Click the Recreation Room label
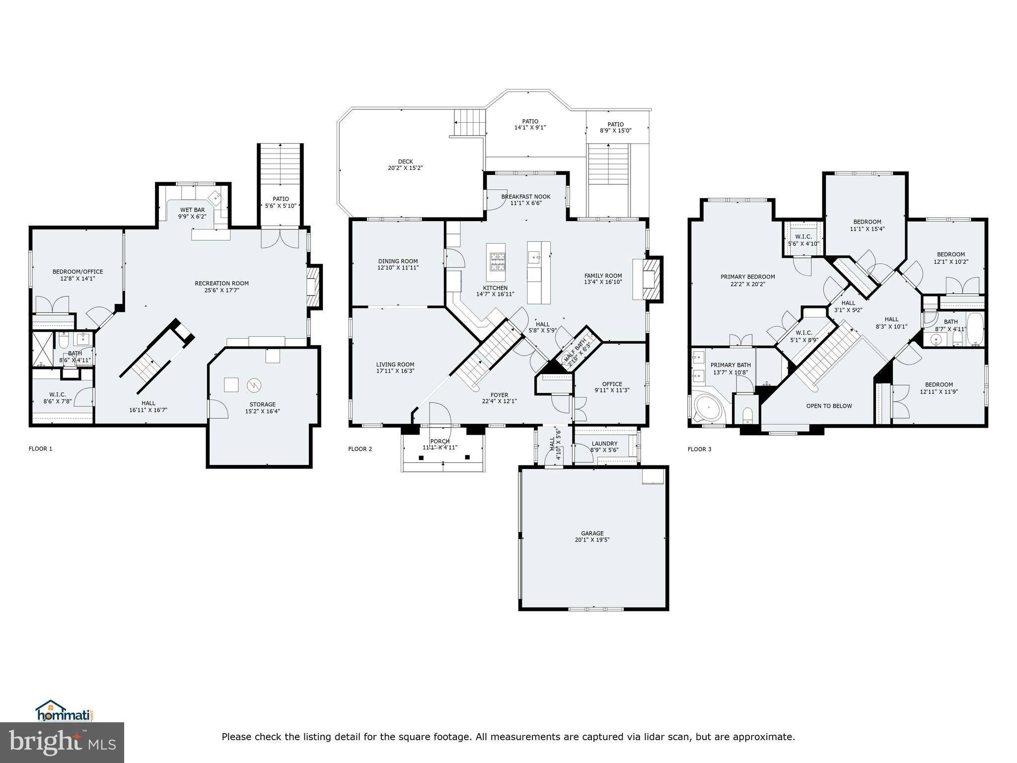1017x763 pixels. pyautogui.click(x=221, y=283)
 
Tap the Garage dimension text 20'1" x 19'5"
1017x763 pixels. pyautogui.click(x=592, y=539)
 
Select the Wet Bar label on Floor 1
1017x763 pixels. pyautogui.click(x=192, y=210)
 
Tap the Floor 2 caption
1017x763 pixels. pyautogui.click(x=360, y=449)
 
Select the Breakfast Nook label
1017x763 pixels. pyautogui.click(x=525, y=197)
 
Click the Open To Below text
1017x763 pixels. pyautogui.click(x=829, y=406)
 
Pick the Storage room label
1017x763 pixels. pyautogui.click(x=262, y=404)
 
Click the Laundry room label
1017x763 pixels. pyautogui.click(x=604, y=444)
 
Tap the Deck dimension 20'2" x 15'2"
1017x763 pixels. pyautogui.click(x=405, y=168)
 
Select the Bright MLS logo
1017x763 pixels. pyautogui.click(x=62, y=742)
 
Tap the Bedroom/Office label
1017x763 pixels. pyautogui.click(x=77, y=272)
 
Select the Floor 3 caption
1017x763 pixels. pyautogui.click(x=699, y=449)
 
